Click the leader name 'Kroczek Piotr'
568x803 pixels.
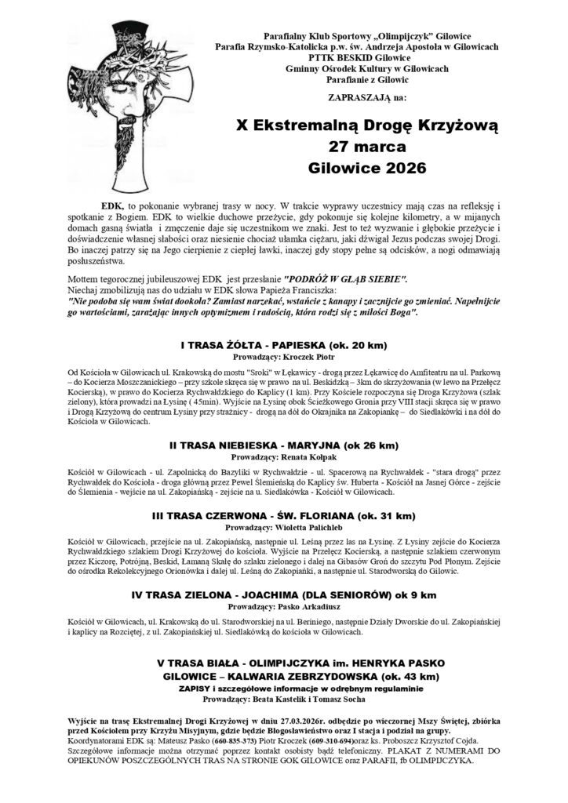[315, 356]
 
